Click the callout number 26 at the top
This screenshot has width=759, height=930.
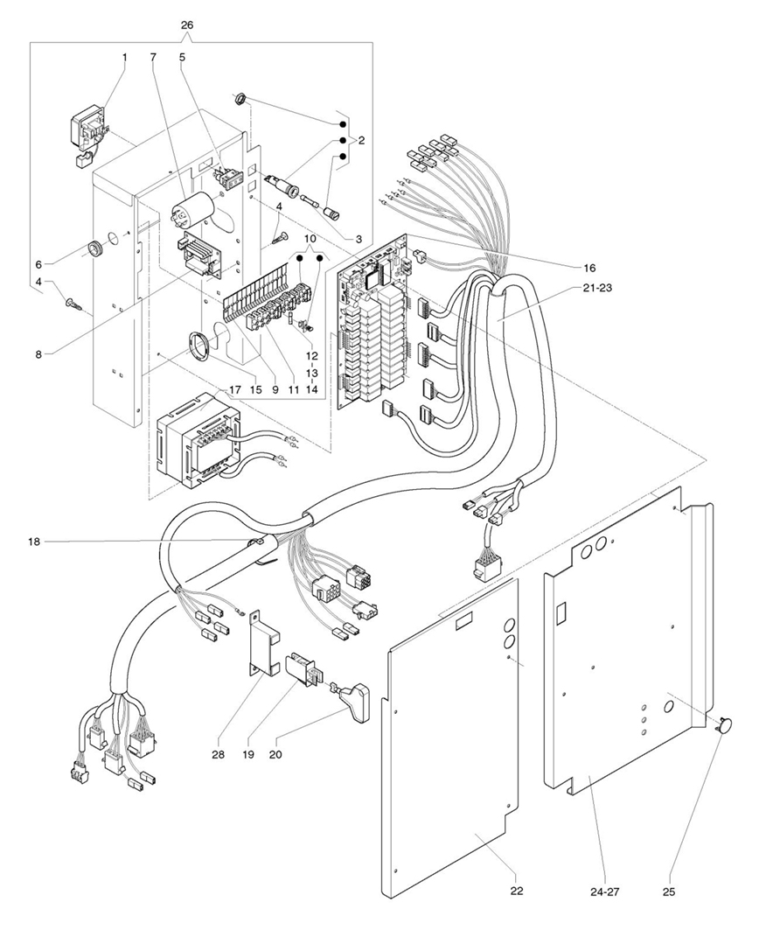(x=186, y=25)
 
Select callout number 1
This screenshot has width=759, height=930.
(x=124, y=57)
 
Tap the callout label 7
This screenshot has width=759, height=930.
(x=153, y=57)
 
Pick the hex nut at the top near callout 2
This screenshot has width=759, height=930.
(x=237, y=100)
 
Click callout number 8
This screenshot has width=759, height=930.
(x=38, y=354)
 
